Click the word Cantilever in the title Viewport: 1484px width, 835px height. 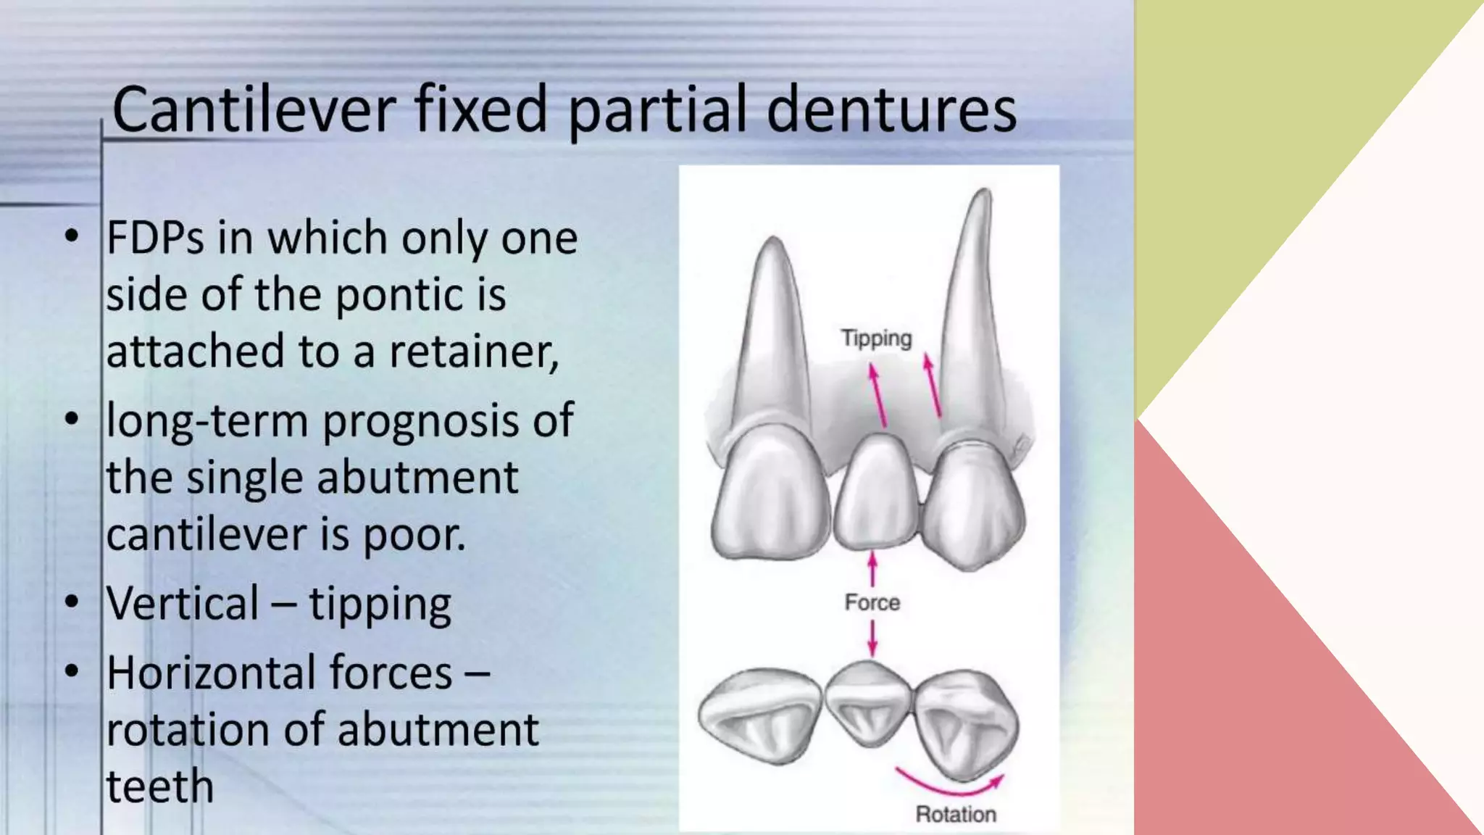tap(254, 110)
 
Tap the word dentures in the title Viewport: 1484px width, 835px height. tap(891, 110)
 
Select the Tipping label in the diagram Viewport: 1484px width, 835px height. tap(876, 338)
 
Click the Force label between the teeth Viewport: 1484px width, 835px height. tap(872, 602)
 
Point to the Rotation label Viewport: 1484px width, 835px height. tap(955, 814)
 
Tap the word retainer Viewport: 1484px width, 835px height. tap(473, 352)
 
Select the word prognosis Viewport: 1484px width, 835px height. tap(420, 421)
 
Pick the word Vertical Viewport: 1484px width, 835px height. tap(183, 603)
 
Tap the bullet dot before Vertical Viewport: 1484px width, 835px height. tap(71, 602)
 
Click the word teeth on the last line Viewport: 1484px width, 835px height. tap(159, 786)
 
